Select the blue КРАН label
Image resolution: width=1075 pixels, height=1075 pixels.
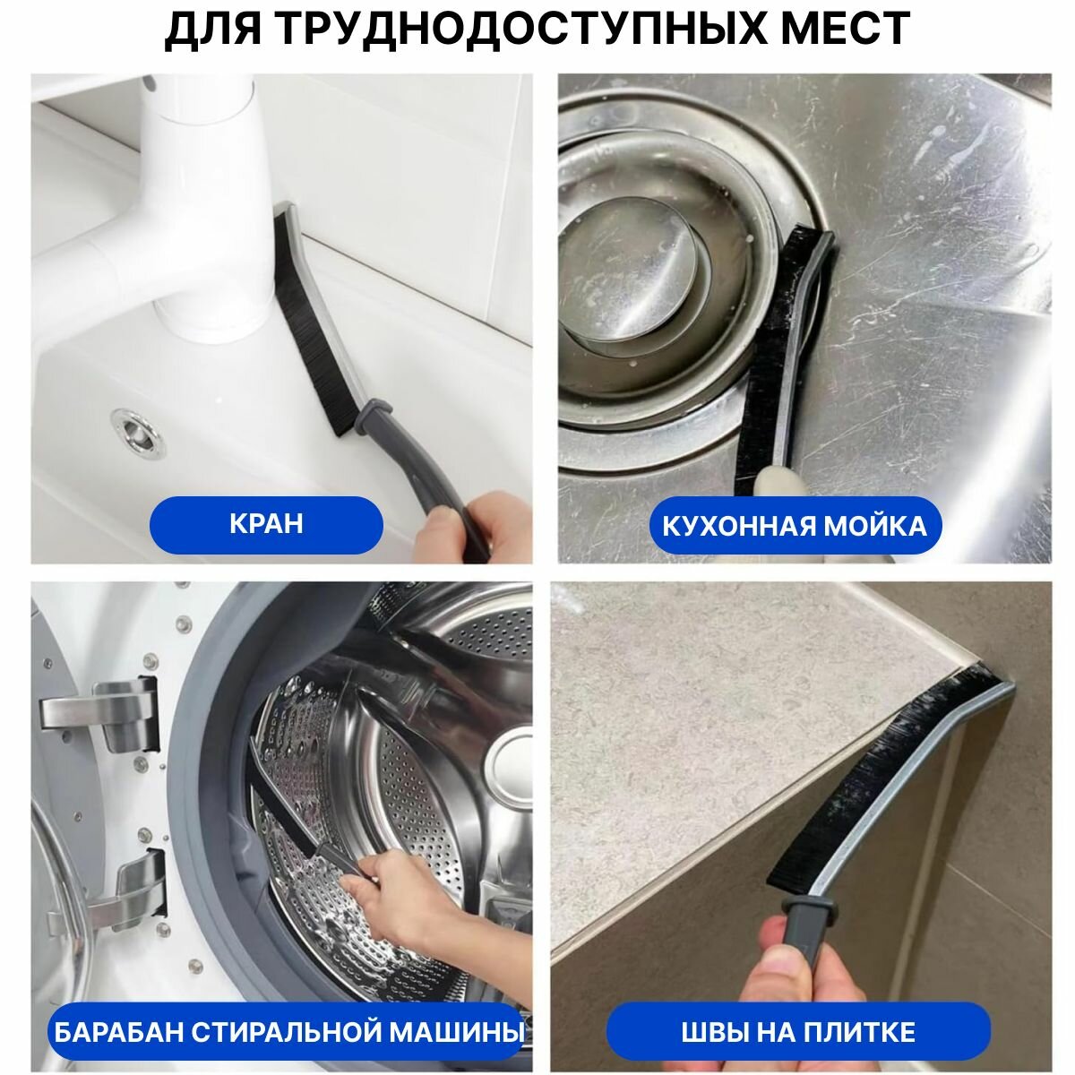[x=266, y=524]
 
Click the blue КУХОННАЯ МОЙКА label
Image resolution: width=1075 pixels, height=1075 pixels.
[x=795, y=526]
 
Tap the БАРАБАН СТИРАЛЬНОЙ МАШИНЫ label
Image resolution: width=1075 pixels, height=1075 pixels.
[x=289, y=1016]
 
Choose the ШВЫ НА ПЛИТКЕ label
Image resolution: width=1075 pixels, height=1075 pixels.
[x=798, y=1017]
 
